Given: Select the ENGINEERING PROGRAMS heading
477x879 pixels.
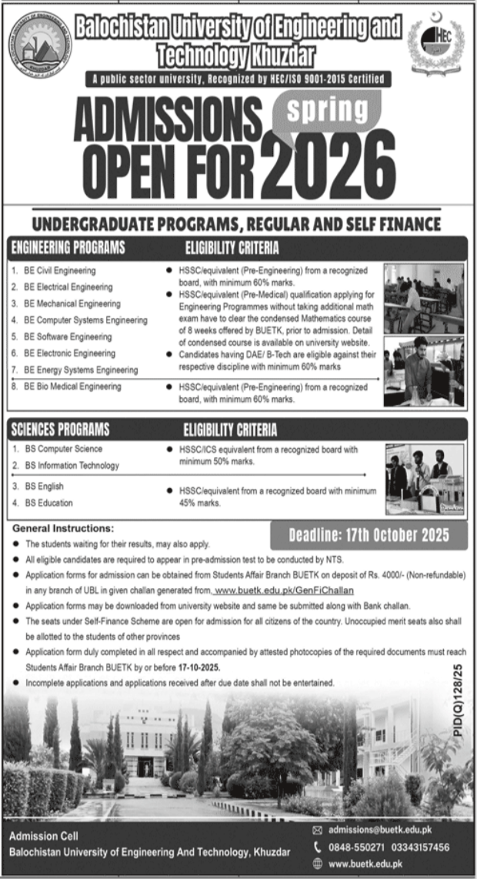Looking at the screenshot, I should point(67,248).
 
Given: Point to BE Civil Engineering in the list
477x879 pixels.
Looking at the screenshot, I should point(59,271).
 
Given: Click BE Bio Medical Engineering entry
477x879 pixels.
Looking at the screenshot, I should point(72,386).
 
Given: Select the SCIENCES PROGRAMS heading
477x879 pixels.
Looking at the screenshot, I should point(60,429).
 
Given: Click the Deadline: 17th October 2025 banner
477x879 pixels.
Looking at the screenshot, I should point(369,535).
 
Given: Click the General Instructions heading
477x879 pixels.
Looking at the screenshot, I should point(63,529).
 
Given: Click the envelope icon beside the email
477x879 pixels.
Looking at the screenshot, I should point(318,831).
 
